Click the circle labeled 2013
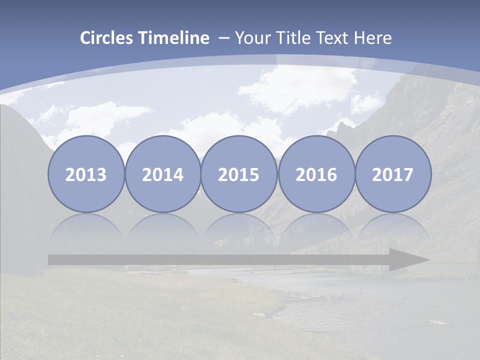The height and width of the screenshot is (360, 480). tap(86, 174)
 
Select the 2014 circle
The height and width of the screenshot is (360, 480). tap(162, 174)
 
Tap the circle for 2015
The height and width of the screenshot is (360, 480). tap(239, 174)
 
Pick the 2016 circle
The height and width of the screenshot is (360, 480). tap(316, 174)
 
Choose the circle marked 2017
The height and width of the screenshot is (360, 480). tap(393, 174)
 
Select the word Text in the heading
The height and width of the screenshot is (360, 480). tap(335, 38)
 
